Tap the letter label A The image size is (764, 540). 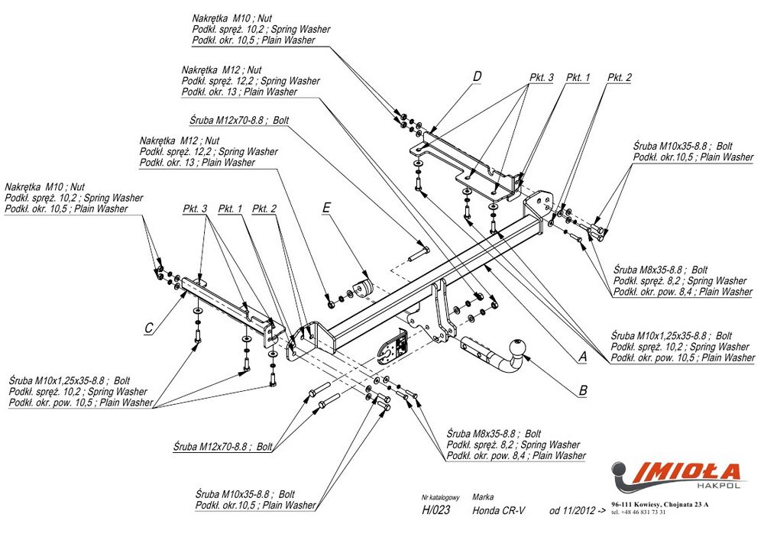coord(582,356)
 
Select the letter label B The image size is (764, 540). coord(582,390)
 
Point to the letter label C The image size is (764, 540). coord(150,328)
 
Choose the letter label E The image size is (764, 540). coord(326,207)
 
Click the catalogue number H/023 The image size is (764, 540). coord(435,511)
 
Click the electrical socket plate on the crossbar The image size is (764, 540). coord(393,348)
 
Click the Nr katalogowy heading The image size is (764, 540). coord(442,496)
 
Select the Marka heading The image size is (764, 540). coord(484,496)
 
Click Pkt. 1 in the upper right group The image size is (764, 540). coord(578,78)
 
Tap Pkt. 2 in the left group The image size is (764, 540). coord(264,209)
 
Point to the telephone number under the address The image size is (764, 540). coord(639,513)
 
